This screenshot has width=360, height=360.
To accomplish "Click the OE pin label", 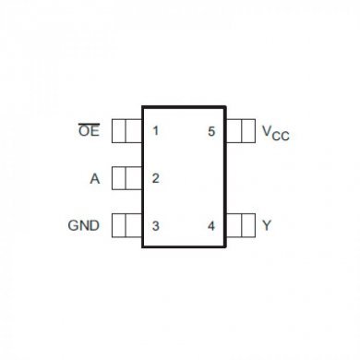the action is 88,132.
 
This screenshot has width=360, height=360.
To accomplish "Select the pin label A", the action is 94,178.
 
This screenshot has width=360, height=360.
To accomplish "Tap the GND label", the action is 85,225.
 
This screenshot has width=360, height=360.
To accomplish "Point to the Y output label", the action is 267,225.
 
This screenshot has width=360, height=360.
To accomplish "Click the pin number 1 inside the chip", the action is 155,131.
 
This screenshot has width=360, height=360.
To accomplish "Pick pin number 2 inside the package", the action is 155,178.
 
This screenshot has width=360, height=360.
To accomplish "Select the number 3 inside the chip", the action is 155,225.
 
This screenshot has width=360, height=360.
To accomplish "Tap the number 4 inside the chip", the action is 211,225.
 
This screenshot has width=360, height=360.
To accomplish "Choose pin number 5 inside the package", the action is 211,131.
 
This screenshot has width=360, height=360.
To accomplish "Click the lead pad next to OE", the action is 126,131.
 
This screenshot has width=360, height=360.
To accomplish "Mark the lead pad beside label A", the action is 126,177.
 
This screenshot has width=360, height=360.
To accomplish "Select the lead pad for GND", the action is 126,225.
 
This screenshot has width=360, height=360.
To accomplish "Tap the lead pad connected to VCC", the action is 240,131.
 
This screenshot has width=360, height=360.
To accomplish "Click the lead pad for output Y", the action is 240,225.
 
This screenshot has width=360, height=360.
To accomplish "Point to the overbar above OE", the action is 88,123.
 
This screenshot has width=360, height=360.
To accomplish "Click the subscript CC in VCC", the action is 281,136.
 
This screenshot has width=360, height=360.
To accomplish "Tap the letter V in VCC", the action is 267,131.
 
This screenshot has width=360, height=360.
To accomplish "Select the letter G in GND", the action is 75,225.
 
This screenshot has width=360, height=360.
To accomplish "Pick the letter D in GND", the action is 95,225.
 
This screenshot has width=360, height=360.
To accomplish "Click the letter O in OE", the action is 82,132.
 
